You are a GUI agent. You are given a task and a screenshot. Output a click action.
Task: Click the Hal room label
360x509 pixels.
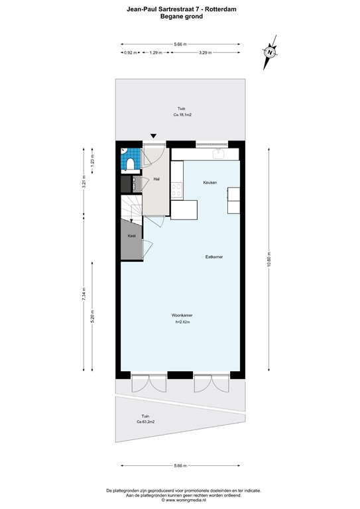pos(156,179)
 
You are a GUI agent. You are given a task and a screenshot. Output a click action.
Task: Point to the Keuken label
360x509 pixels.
pos(210,182)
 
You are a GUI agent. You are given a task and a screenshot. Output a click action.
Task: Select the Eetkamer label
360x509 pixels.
pos(214,256)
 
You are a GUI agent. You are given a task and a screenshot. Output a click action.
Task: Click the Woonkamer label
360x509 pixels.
pos(182,315)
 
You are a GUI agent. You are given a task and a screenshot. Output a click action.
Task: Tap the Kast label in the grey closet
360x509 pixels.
pos(131,236)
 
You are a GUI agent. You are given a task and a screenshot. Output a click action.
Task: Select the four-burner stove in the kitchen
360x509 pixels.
pos(177,191)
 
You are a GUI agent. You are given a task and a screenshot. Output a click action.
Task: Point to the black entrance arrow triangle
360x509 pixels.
pos(154,136)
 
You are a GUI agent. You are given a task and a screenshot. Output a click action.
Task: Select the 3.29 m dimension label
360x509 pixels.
pos(205,52)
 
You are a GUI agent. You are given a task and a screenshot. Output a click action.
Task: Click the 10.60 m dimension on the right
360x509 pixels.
pos(269,258)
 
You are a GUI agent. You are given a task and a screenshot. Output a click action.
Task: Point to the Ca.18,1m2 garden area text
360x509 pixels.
pos(182,115)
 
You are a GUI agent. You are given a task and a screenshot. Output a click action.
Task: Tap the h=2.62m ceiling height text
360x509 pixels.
pos(182,322)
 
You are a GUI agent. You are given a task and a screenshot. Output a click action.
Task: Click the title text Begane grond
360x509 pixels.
pos(181,16)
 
